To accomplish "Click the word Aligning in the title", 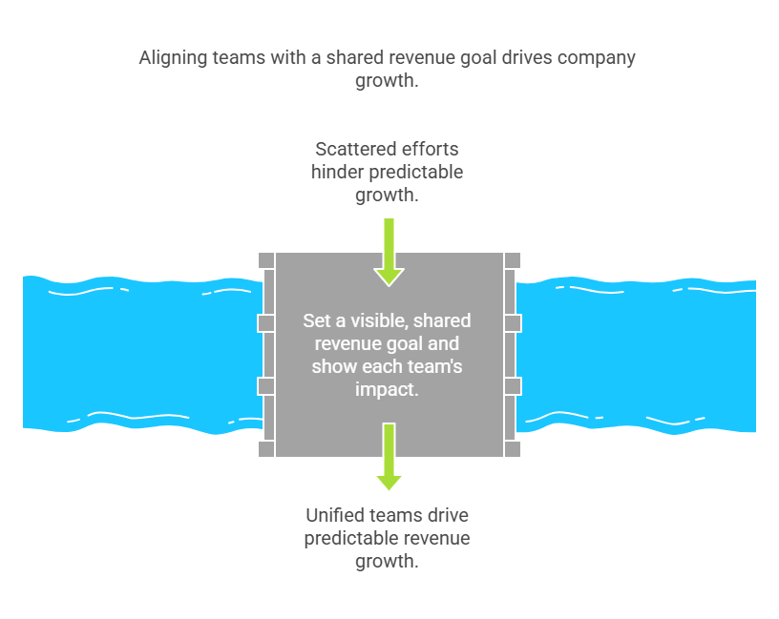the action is coord(174,58).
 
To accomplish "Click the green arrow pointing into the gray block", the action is coord(389,252).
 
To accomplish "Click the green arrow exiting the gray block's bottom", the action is coord(389,457).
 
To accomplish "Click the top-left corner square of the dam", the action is coord(266,260).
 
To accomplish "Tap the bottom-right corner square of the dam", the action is coord(513,449).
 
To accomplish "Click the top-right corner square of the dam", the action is coord(513,260).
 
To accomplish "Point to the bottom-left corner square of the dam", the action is coord(266,449).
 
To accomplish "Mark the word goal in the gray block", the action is coord(406,344).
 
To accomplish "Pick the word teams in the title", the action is coord(239,57).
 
